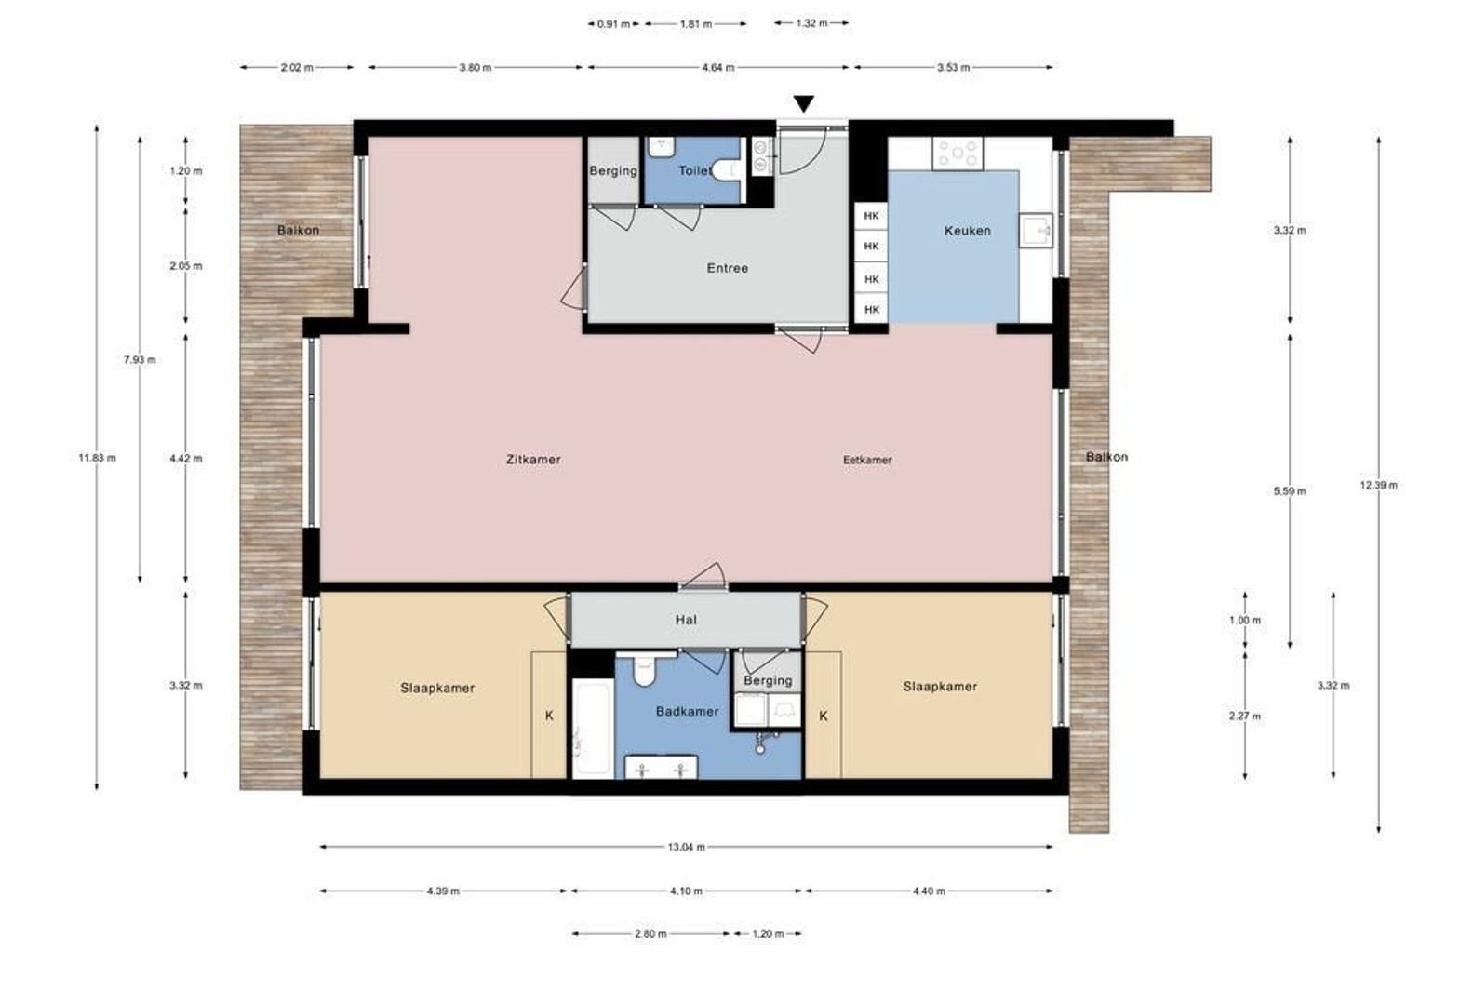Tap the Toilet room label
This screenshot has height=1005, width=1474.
click(x=695, y=170)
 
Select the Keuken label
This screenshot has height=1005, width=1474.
click(x=968, y=231)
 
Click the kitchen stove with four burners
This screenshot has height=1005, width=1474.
click(x=958, y=154)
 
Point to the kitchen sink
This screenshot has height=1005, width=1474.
click(x=1036, y=231)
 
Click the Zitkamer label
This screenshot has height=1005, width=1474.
click(x=533, y=460)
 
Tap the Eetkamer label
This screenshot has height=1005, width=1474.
click(x=867, y=460)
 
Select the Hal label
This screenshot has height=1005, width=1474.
click(x=686, y=620)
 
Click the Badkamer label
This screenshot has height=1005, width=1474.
click(x=687, y=712)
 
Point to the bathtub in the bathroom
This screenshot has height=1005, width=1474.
click(x=593, y=729)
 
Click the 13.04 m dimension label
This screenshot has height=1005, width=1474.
click(x=687, y=847)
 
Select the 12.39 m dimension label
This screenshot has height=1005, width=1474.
click(x=1378, y=485)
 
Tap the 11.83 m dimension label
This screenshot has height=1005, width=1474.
click(x=97, y=458)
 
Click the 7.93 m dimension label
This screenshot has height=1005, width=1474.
click(x=140, y=360)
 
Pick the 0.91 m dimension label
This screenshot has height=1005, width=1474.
click(x=613, y=23)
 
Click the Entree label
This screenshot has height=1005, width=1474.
click(x=727, y=269)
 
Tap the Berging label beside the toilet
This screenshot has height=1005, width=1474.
click(x=613, y=171)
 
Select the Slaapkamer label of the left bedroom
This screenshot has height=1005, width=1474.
click(x=437, y=689)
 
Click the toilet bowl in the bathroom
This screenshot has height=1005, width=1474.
click(x=644, y=669)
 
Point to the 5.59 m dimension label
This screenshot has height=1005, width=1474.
click(x=1290, y=491)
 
